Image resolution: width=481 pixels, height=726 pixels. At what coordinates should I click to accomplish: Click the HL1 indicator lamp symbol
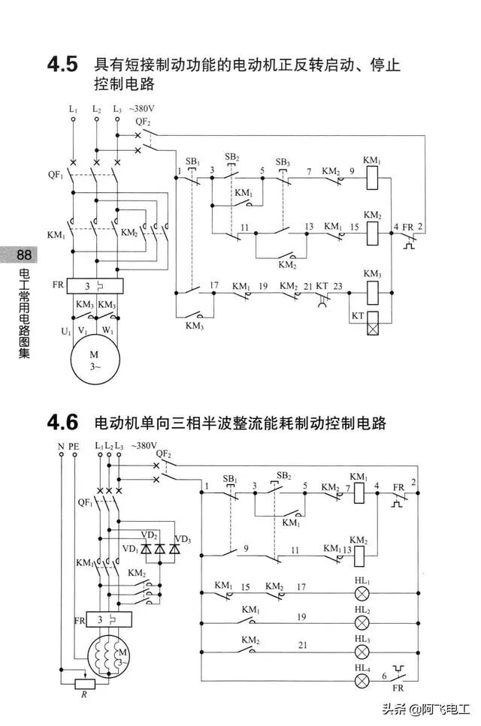point(362,592)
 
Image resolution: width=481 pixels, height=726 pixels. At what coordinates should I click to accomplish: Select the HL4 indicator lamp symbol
point(362,680)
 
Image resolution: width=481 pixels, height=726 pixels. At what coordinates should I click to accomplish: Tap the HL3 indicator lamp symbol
point(362,650)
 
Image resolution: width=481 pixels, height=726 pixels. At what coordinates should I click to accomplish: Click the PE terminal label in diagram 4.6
point(74,446)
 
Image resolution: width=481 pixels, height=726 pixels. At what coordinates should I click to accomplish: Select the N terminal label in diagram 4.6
point(61,446)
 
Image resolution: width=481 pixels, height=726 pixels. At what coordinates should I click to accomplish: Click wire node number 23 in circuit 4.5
point(338,287)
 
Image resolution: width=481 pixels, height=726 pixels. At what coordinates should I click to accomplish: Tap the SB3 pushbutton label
point(283,162)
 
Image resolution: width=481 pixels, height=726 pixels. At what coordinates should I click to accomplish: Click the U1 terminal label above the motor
point(66,330)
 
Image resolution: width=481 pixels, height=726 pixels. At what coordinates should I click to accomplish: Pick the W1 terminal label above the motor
point(109,330)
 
